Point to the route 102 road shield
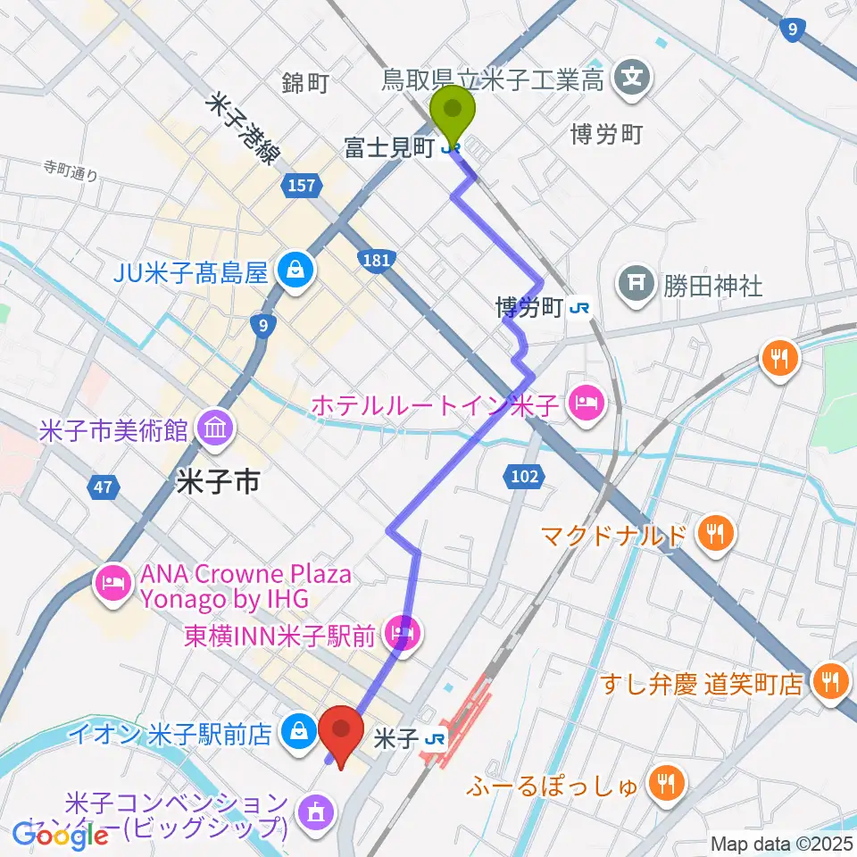point(527,477)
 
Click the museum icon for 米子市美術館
point(215,427)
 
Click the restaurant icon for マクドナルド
point(716,533)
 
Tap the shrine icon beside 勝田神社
point(637,283)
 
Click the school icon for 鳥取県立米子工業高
point(633,79)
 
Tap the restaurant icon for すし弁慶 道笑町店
point(829,682)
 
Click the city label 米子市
point(219,483)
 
